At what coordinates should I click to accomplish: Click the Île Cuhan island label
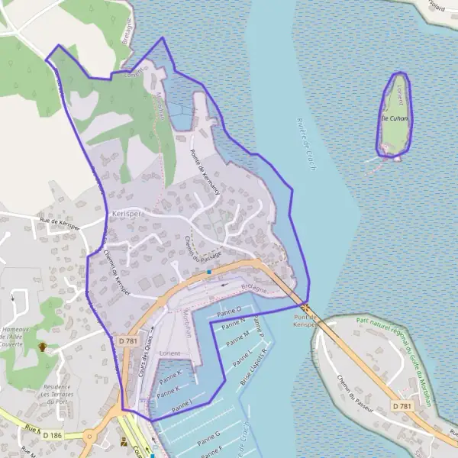click(395, 119)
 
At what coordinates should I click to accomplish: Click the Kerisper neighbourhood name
click(127, 214)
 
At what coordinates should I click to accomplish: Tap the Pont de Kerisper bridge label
click(305, 320)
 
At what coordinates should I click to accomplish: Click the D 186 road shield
click(52, 435)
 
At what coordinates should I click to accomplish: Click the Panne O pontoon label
click(229, 310)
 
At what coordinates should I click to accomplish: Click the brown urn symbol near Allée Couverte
click(43, 347)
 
